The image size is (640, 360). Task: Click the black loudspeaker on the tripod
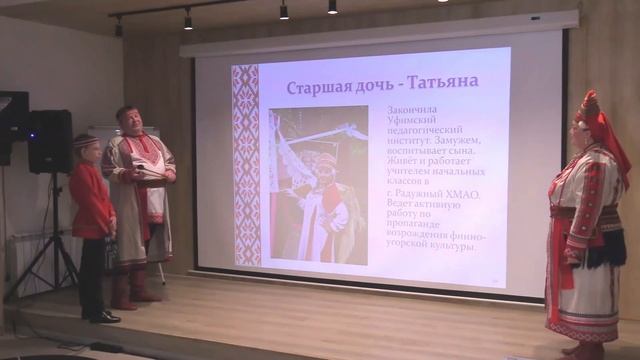(50, 141)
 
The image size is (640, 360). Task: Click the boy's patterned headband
(86, 143)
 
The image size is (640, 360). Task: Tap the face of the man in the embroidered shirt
(131, 122)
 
